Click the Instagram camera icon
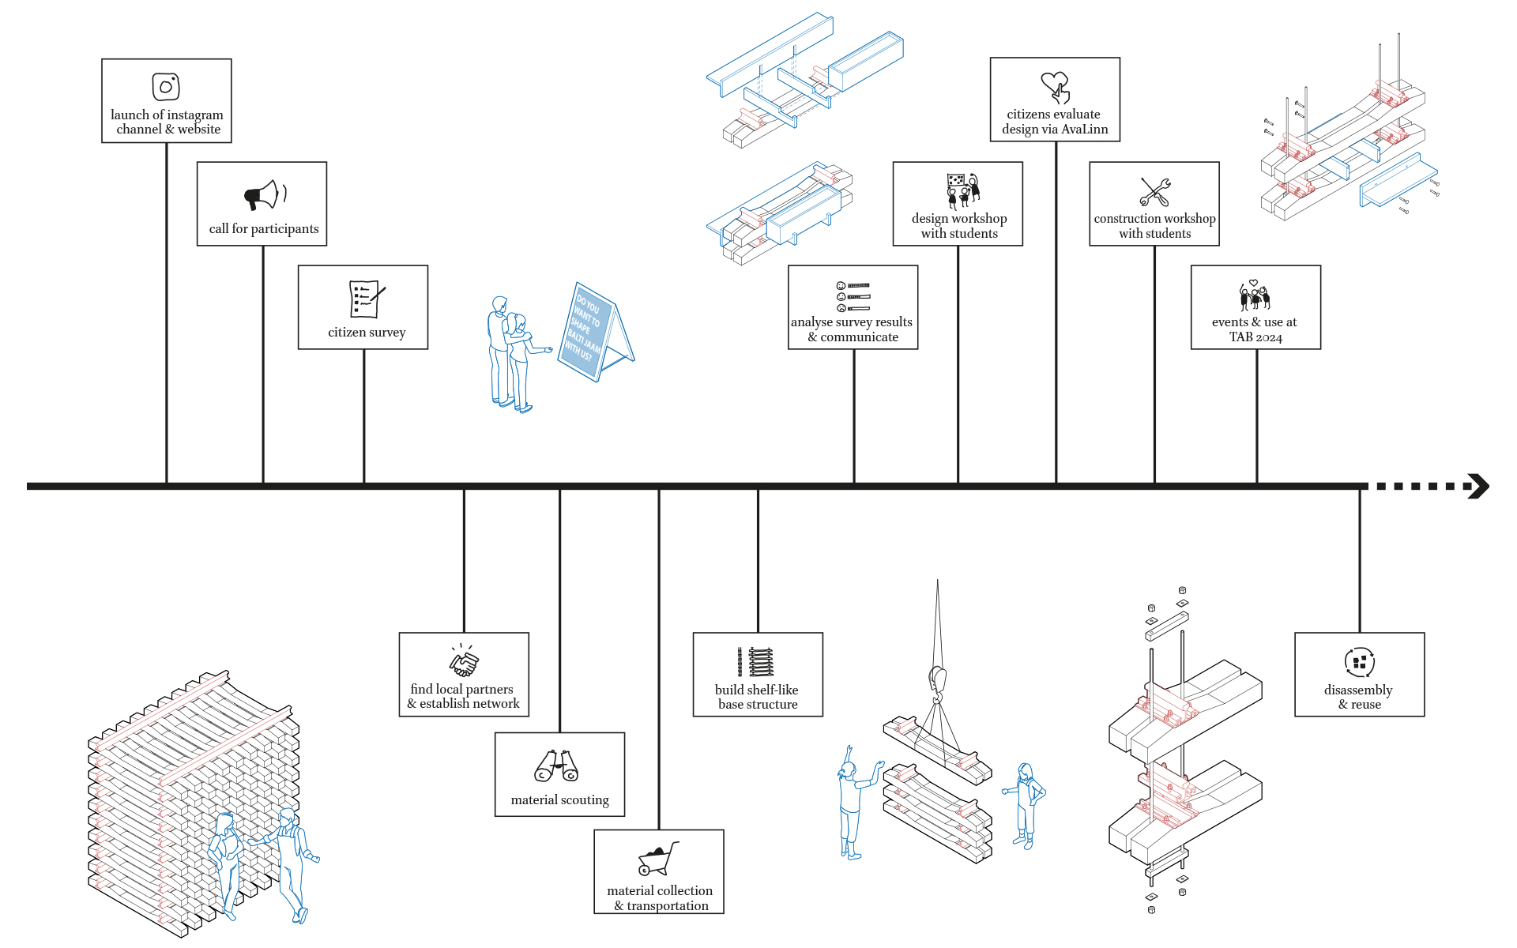[166, 87]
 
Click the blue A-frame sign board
[596, 332]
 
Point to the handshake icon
[464, 660]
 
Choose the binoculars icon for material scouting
[557, 765]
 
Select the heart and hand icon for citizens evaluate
[1056, 87]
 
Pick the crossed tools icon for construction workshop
[1154, 191]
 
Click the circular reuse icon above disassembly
[1359, 662]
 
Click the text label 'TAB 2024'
[1255, 337]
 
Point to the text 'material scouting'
[559, 799]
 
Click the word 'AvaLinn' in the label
[1084, 129]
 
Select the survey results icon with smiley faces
[853, 296]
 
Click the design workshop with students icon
[963, 190]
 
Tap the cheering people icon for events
[1255, 295]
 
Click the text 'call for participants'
[264, 228]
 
